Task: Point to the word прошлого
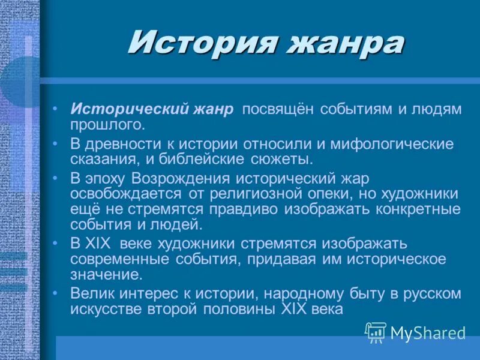[x=107, y=125]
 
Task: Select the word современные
[x=121, y=259]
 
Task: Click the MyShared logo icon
[x=376, y=332]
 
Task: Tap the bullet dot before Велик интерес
[x=55, y=292]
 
